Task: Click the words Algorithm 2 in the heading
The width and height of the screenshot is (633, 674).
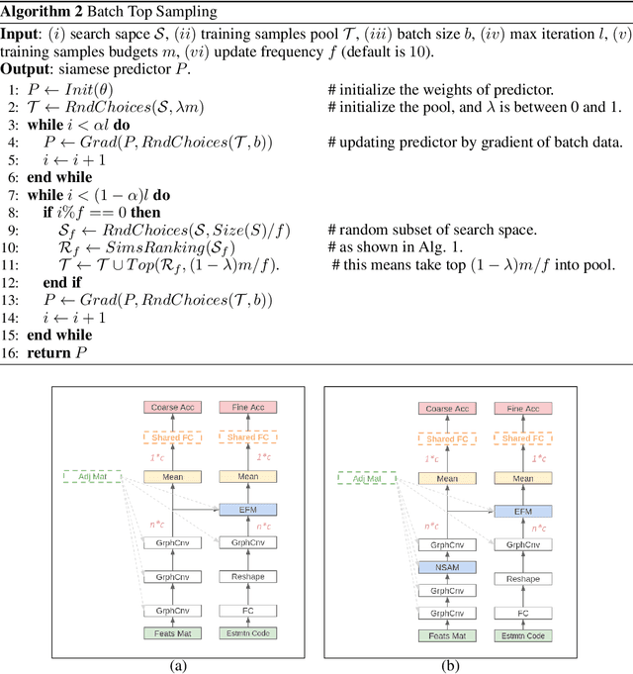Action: [38, 10]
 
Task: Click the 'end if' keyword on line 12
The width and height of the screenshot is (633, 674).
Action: [60, 281]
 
